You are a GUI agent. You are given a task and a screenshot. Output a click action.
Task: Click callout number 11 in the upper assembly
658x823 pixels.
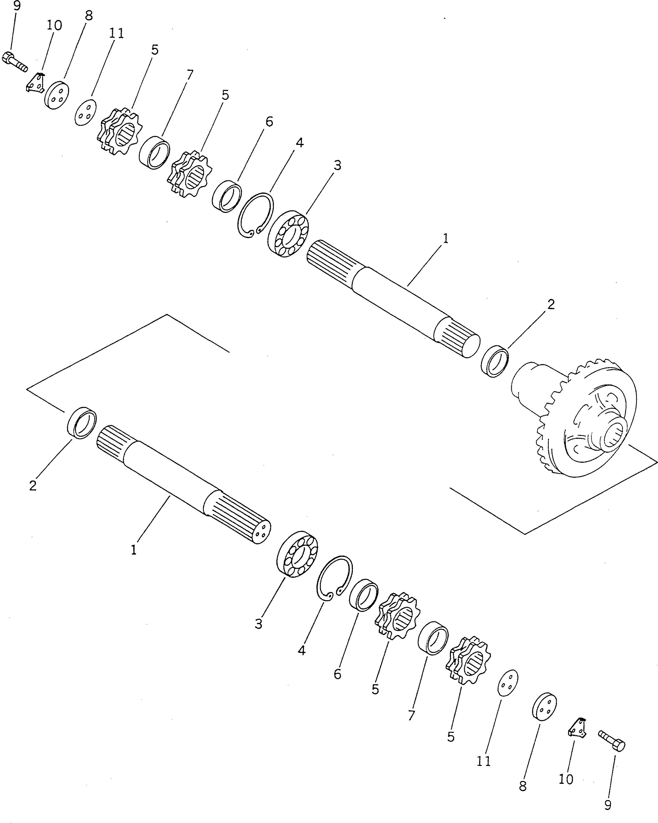[116, 34]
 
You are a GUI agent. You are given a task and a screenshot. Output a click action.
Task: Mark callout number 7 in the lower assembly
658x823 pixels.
[411, 715]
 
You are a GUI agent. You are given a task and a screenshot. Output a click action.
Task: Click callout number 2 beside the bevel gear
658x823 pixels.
[550, 304]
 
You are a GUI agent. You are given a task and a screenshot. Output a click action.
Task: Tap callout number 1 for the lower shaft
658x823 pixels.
[134, 550]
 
